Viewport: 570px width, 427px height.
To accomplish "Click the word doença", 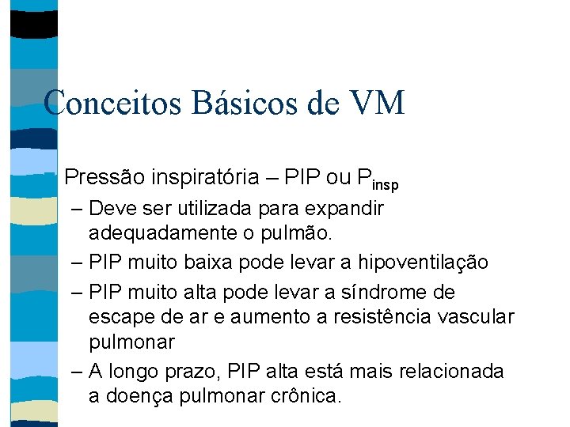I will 140,395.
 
